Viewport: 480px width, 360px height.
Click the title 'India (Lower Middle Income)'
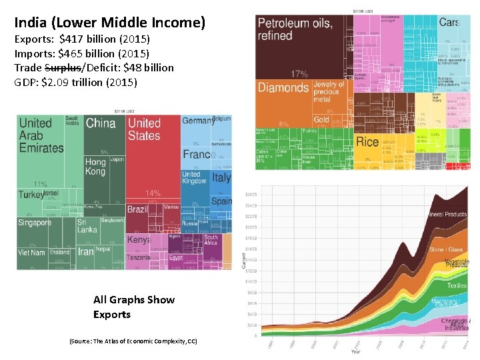110,23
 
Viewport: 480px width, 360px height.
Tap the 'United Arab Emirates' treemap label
41,135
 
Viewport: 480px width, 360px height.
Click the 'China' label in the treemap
101,123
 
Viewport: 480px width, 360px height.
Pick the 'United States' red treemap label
144,129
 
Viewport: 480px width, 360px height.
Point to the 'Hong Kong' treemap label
95,167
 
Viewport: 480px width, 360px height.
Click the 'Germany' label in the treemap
197,121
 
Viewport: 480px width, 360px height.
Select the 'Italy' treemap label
221,178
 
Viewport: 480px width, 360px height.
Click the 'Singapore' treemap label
35,223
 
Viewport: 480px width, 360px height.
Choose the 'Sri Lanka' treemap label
87,226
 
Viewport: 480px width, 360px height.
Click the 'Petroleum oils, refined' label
295,29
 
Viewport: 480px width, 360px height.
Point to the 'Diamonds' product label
283,88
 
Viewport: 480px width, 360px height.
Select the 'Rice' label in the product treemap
367,142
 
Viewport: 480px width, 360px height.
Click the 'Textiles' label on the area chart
457,285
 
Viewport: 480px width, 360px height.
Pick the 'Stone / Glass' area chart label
446,250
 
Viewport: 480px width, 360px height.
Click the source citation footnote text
133,341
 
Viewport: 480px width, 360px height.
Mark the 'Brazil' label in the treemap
137,209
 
